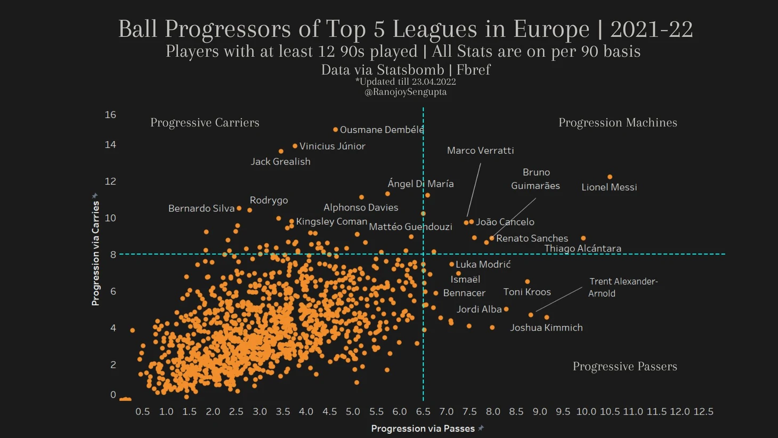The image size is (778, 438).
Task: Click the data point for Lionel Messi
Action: pos(610,177)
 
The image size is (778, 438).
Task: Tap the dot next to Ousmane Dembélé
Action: pos(335,130)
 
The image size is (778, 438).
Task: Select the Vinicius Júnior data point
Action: pos(295,146)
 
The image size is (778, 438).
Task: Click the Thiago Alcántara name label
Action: pos(582,249)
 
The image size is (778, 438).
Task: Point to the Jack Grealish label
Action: pos(280,162)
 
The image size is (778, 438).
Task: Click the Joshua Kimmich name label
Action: pos(546,328)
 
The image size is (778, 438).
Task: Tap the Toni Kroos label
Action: pos(527,292)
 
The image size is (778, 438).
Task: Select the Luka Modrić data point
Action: pos(451,264)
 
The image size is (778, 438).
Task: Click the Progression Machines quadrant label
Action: pos(618,123)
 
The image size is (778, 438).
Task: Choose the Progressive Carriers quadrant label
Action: pos(205,123)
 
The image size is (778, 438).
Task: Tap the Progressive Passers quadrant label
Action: pos(625,367)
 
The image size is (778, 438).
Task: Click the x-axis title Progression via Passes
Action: pos(423,428)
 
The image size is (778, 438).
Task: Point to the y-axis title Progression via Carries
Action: pos(95,253)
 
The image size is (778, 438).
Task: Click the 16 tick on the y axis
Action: pos(110,115)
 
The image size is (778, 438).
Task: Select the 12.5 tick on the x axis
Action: pos(703,411)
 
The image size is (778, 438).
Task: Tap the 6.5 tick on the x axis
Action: pos(423,411)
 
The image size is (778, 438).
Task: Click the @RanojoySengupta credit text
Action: pos(406,92)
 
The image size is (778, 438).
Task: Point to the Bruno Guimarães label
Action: pos(536,179)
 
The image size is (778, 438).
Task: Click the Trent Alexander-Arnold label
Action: pos(622,287)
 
